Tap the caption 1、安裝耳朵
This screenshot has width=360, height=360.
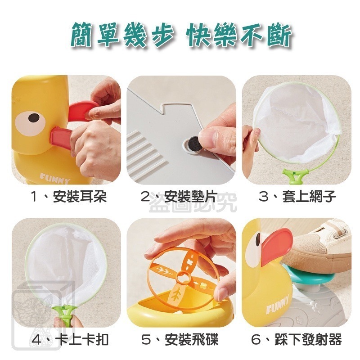pyautogui.click(x=66, y=197)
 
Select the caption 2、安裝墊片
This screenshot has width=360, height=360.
pyautogui.click(x=179, y=197)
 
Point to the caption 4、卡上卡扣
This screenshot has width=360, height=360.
pyautogui.click(x=66, y=339)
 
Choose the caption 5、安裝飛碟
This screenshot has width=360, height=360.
pyautogui.click(x=179, y=339)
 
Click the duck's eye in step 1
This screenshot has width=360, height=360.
pyautogui.click(x=33, y=118)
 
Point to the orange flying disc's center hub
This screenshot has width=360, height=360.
pyautogui.click(x=182, y=275)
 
